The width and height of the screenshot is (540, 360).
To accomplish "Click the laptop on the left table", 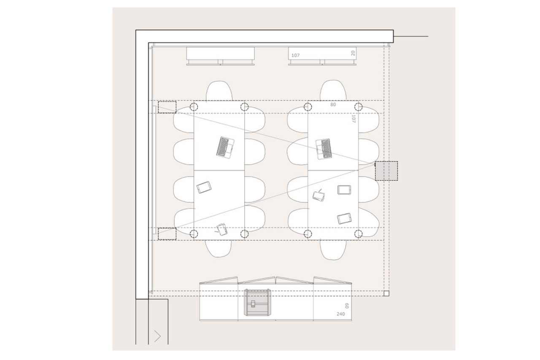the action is [x=225, y=148].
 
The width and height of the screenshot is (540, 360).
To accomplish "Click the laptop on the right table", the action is [x=324, y=149].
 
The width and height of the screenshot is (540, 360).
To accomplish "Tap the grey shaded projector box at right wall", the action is [x=386, y=171].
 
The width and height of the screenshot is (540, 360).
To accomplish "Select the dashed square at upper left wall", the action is [x=167, y=107].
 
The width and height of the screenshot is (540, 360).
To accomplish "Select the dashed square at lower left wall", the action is [x=167, y=234].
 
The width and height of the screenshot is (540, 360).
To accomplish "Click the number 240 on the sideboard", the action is [x=340, y=314].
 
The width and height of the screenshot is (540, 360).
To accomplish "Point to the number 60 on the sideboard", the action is [x=347, y=306].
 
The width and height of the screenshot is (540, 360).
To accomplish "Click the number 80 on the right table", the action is [x=333, y=104].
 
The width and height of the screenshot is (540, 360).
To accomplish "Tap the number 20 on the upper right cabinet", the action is [x=353, y=53].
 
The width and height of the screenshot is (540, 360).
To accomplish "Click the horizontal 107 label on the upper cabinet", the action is [x=296, y=55].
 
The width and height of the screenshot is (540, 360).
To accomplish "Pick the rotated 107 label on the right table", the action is [x=354, y=119].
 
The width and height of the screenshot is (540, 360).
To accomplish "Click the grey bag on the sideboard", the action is [x=257, y=302].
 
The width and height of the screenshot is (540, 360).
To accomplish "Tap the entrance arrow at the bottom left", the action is [x=158, y=336].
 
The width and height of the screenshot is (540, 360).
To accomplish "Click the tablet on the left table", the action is [x=204, y=187].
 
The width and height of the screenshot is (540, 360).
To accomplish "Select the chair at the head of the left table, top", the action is [x=219, y=91].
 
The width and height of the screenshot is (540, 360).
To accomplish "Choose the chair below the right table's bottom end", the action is [x=333, y=249].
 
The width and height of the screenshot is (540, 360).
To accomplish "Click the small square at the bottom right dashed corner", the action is [x=386, y=293].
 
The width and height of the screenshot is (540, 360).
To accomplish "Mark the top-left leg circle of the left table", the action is [x=194, y=107].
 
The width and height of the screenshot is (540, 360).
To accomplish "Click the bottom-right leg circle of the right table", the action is [x=359, y=234].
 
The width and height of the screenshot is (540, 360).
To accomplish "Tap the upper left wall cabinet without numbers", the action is [x=221, y=56].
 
